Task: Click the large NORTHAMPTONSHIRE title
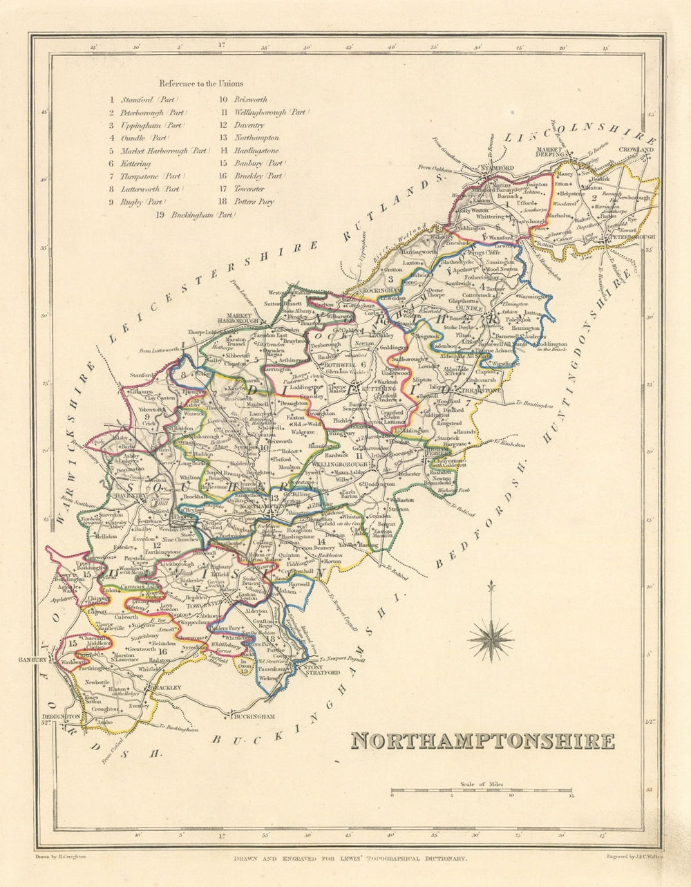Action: (x=482, y=741)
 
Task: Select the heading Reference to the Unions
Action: (x=201, y=84)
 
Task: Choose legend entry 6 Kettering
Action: (x=129, y=164)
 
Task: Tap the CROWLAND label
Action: (x=636, y=149)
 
